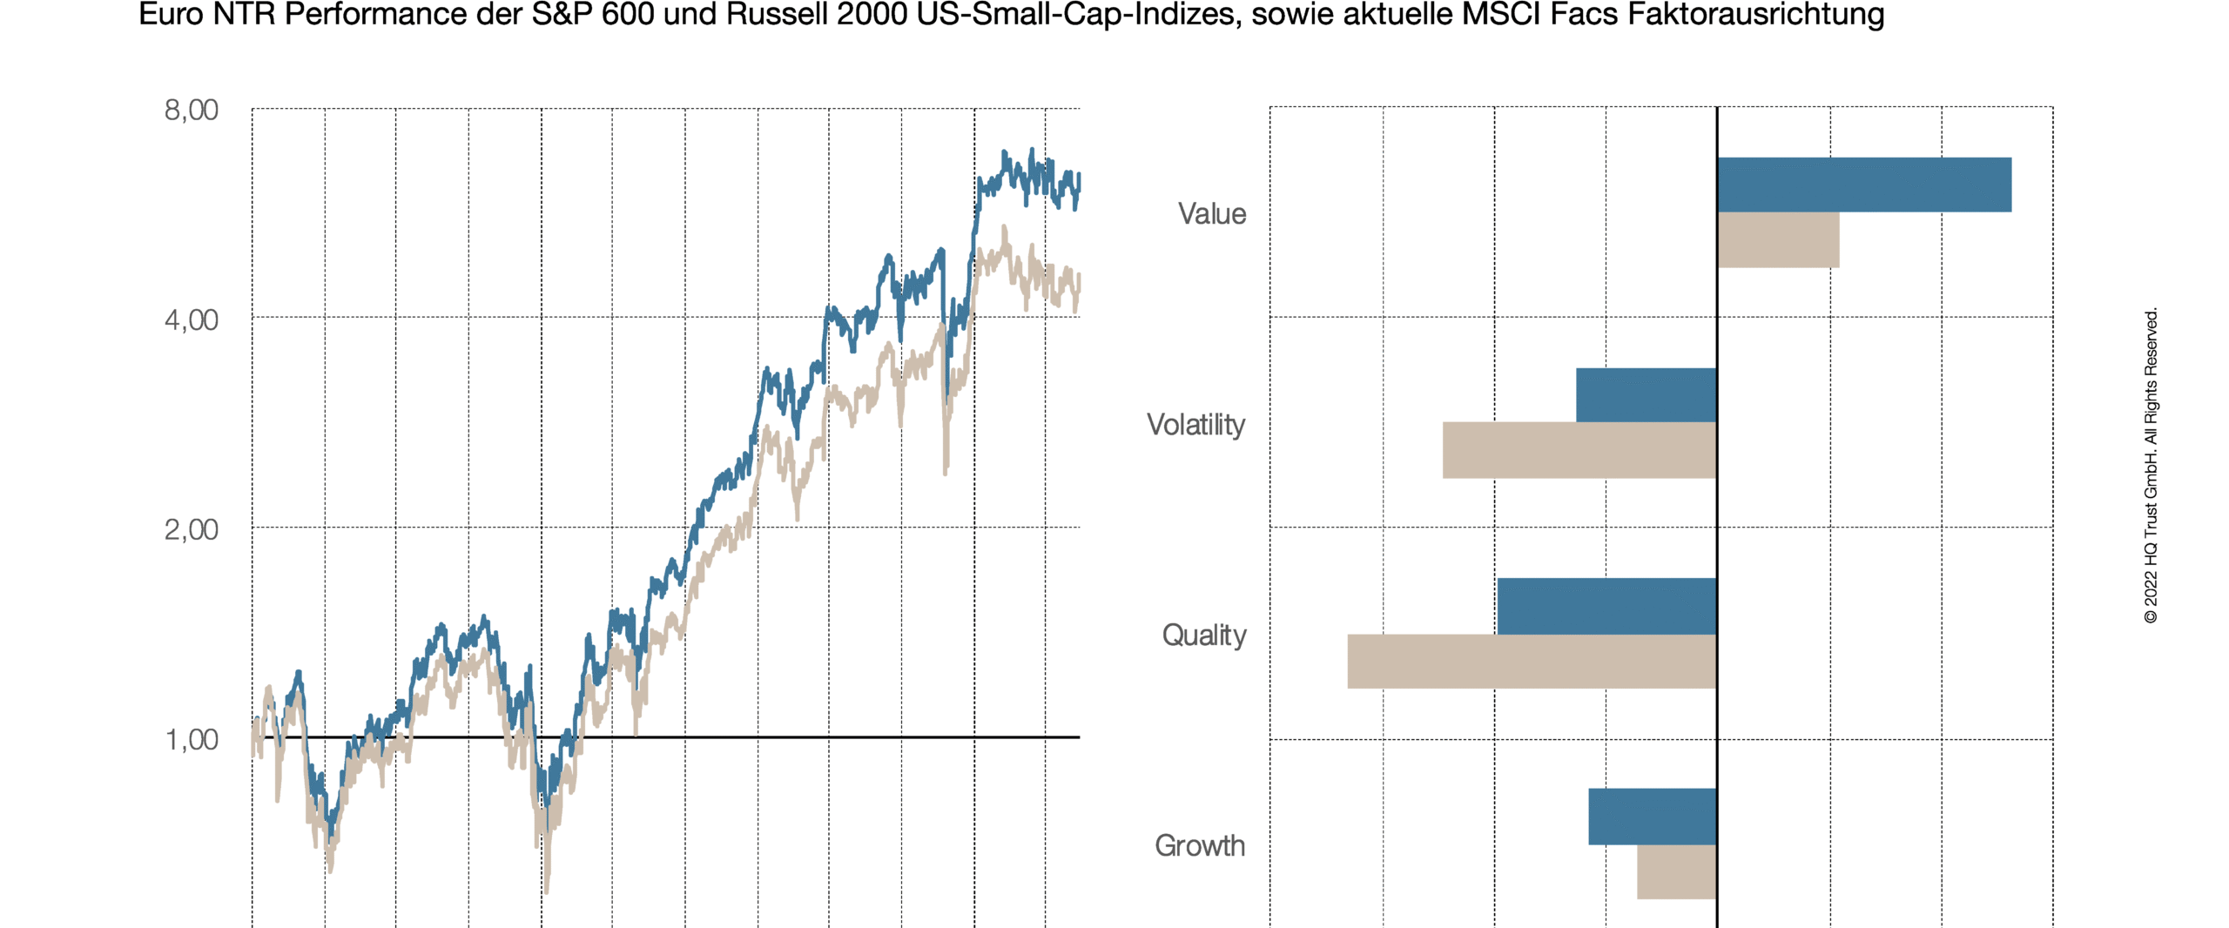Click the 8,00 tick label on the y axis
point(191,111)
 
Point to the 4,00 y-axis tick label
point(191,320)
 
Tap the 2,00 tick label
point(191,530)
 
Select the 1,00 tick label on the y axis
point(191,740)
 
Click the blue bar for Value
point(1863,185)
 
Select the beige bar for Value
point(1778,240)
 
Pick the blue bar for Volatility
point(1646,395)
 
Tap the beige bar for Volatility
point(1579,450)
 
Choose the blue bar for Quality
point(1606,606)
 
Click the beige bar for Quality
point(1532,662)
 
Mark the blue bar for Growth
point(1652,817)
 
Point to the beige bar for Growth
point(1676,871)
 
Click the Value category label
point(1211,214)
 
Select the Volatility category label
point(1195,425)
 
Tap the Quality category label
point(1203,635)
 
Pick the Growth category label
point(1199,846)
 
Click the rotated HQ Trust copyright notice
point(2151,466)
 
